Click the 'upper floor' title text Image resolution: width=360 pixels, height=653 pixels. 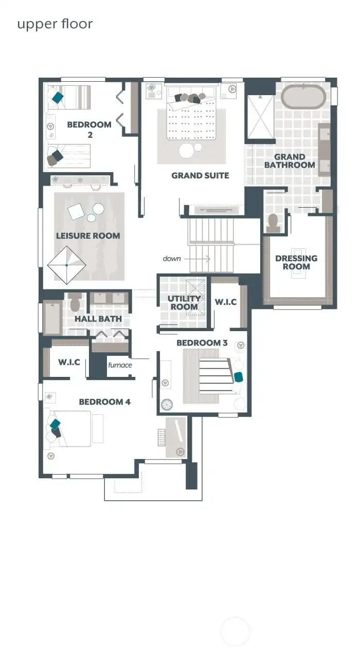coord(55,24)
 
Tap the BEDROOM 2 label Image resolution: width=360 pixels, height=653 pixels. coord(89,130)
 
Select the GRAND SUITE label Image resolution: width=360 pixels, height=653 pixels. coord(200,175)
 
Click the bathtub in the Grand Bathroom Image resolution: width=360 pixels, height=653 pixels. coord(304,97)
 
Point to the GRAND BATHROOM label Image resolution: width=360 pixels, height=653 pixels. coord(294,161)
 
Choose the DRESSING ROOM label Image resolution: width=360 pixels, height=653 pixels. coord(296,262)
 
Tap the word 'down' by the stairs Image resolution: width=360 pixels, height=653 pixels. coord(172,258)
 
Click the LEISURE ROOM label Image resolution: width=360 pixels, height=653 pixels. coord(88,235)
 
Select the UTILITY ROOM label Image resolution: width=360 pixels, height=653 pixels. coord(184,303)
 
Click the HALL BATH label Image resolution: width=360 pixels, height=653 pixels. coord(98,319)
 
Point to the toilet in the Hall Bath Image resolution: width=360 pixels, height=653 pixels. coord(75,303)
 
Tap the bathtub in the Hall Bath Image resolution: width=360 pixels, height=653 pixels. coord(52,318)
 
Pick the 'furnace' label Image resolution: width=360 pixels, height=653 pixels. coord(120,365)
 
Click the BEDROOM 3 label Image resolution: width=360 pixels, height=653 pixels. coord(202,343)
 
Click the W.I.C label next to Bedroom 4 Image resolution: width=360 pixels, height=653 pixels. coord(68,362)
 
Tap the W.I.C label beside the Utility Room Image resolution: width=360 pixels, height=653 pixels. coord(225,302)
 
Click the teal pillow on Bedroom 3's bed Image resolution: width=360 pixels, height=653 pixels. coord(239,377)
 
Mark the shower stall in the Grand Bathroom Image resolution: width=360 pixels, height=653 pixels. coord(261,117)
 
